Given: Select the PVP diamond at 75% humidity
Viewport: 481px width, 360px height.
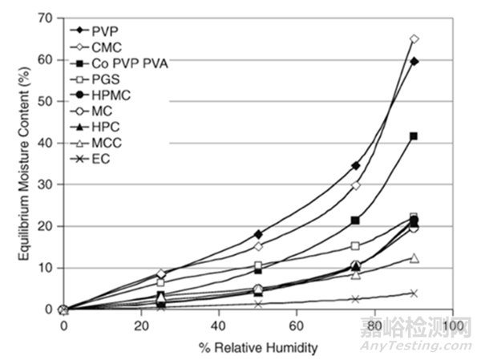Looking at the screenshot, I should pos(355,165).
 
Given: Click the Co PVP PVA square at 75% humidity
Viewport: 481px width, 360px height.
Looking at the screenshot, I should pos(355,220).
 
